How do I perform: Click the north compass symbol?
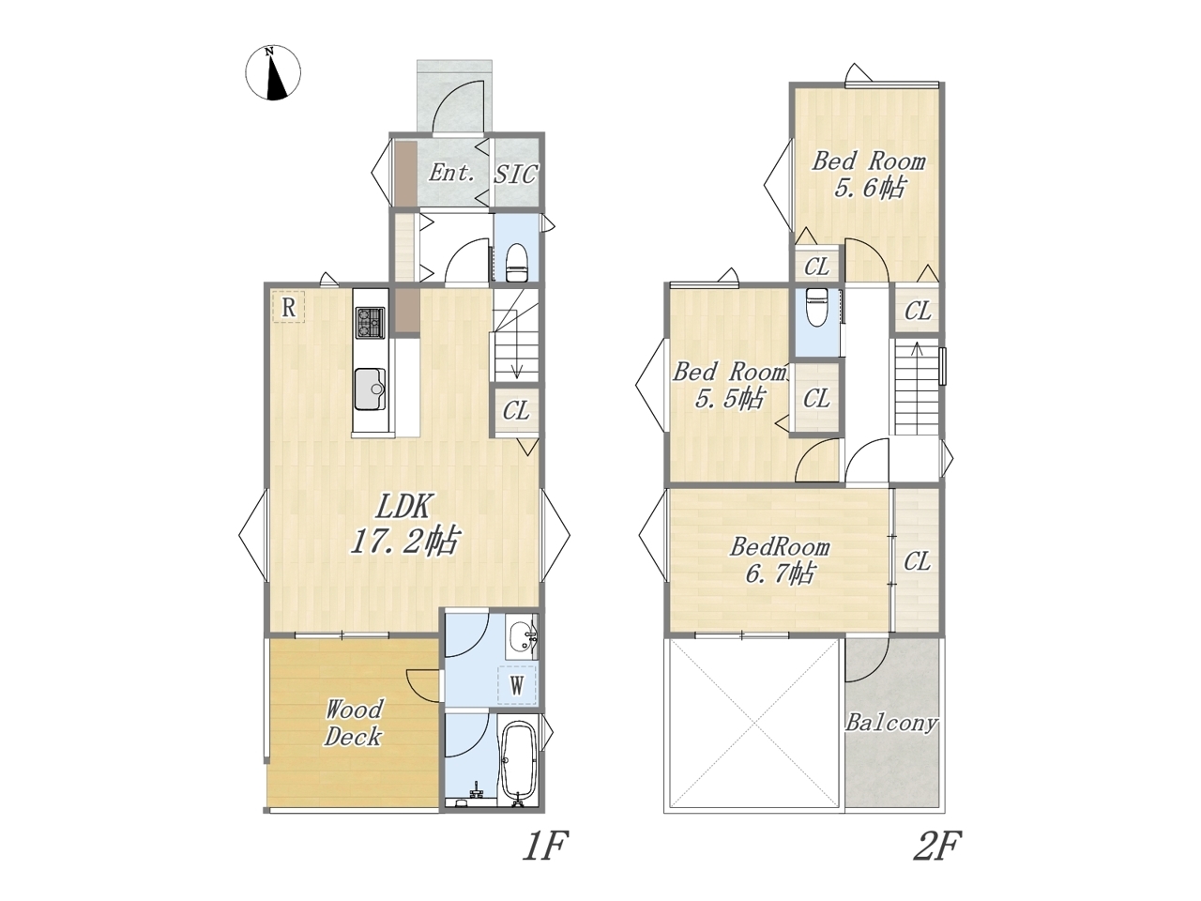coord(273,73)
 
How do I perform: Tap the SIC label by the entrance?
coord(515,174)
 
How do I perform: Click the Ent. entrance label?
coord(451,173)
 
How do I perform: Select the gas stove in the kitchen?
coord(371,322)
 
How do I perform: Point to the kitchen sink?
coord(370,389)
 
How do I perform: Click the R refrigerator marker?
coord(288,307)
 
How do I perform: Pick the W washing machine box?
coord(517,684)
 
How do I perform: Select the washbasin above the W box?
coord(523,637)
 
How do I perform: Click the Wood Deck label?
coord(353,723)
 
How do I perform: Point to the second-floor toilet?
coord(815,308)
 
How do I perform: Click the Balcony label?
coord(892,724)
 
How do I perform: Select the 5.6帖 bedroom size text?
coord(868,189)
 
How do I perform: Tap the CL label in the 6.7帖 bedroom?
coord(917,561)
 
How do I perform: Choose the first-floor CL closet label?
coord(516,410)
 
